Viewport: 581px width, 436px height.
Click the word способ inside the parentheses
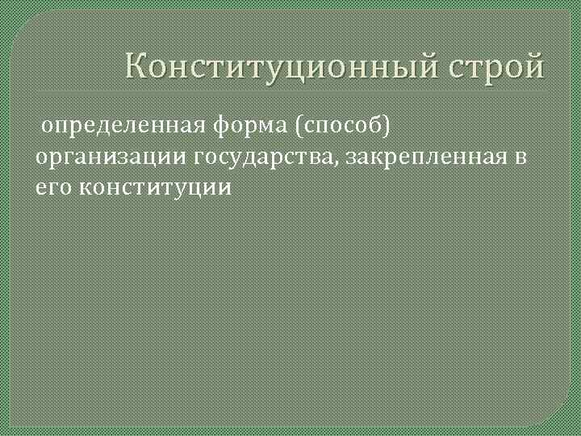click(x=348, y=126)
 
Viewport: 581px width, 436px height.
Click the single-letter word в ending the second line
click(x=520, y=157)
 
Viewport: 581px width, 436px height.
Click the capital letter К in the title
click(x=137, y=65)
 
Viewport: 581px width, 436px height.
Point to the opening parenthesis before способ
click(x=300, y=126)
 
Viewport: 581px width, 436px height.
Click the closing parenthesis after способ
click(x=396, y=126)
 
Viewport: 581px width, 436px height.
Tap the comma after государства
click(x=340, y=161)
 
